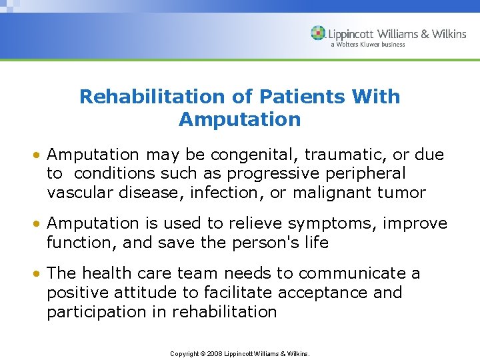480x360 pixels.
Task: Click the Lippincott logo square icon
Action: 319,33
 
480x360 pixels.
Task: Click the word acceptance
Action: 317,293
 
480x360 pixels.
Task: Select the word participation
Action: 109,312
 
